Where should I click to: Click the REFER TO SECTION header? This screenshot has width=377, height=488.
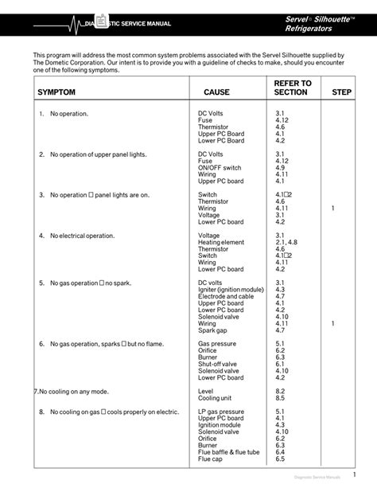[292, 88]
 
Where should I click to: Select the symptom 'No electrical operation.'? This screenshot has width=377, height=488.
[82, 236]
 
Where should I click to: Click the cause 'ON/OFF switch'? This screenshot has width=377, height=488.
[220, 167]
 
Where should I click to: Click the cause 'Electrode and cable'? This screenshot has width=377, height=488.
[227, 296]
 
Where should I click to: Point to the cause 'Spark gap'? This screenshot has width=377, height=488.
[213, 330]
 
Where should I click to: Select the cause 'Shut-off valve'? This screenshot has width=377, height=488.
[220, 364]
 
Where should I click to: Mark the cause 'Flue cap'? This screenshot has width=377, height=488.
[211, 459]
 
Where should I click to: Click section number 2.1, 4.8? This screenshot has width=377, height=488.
[286, 242]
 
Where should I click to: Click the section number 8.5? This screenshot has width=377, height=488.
[280, 398]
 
